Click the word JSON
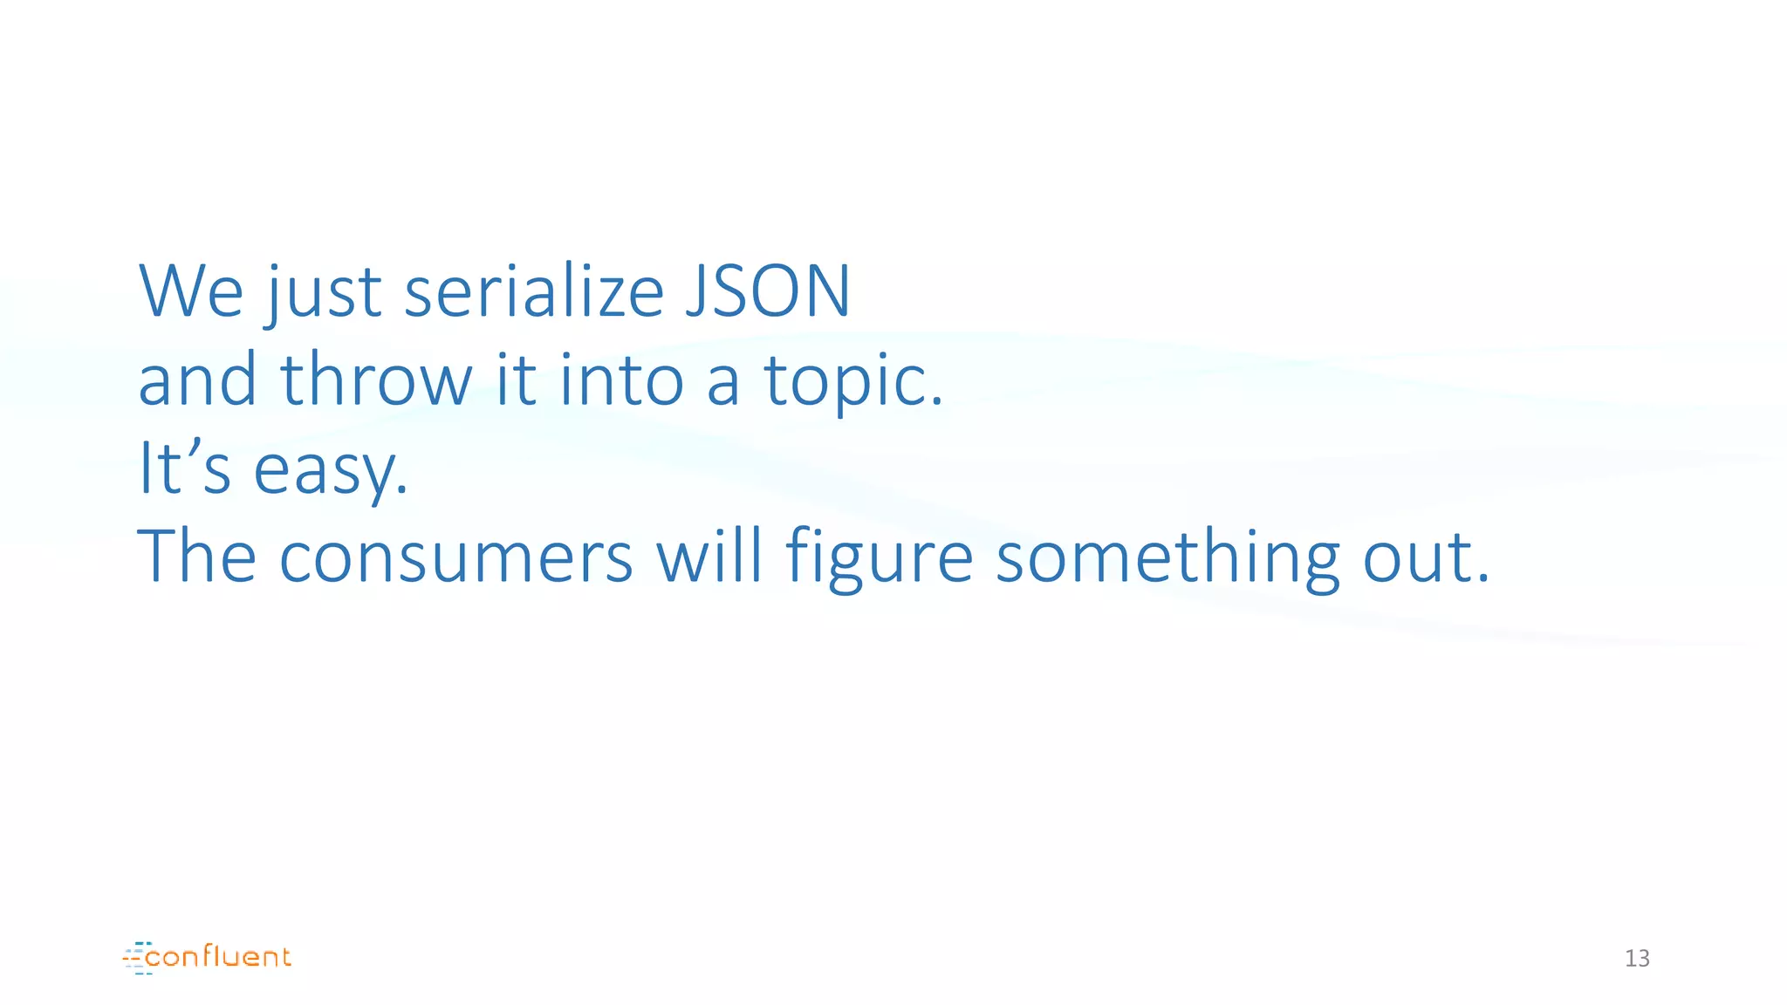767,291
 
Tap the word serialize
534,291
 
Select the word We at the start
191,291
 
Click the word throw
376,380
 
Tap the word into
621,380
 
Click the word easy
331,472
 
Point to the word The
197,557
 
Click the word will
709,557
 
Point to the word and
197,380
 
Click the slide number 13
1637,958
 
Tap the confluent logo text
218,957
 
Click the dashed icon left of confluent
137,958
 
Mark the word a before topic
723,384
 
